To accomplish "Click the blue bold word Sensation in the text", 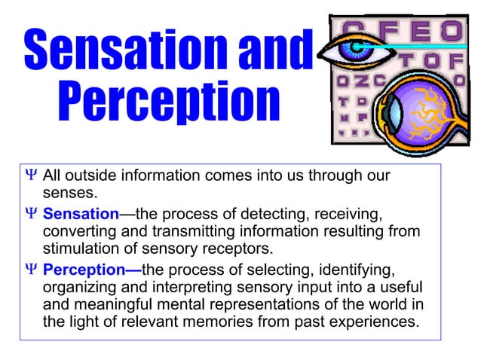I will [x=81, y=214].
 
